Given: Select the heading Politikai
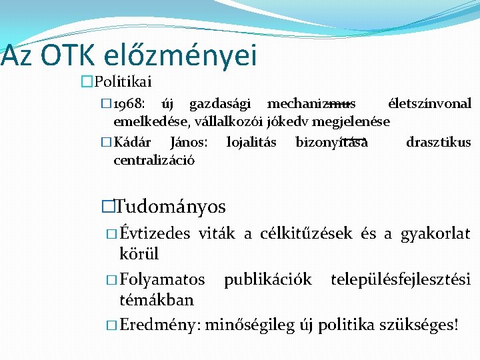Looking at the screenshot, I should point(124,82).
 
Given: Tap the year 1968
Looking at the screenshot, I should point(127,104).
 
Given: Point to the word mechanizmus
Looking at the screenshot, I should point(311,104).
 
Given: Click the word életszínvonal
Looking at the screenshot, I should point(429,104).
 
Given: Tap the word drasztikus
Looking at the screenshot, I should point(438,142).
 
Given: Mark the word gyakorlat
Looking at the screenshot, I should point(435,234).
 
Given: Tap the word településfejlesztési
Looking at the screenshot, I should point(401,279).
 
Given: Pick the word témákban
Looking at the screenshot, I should point(156,300).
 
